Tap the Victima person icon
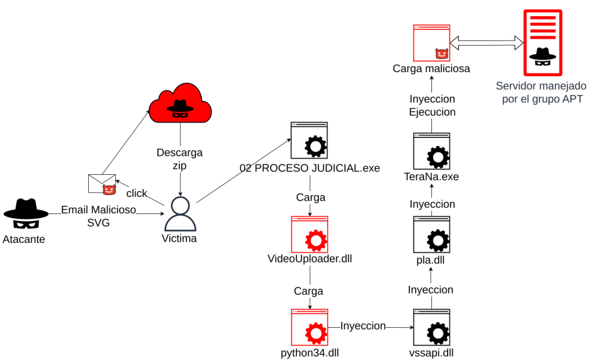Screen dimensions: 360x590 (x=180, y=213)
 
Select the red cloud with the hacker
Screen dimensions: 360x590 (x=180, y=104)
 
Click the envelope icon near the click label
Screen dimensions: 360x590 (x=102, y=183)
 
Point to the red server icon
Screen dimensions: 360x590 (x=542, y=43)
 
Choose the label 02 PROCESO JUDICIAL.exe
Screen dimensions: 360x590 (x=310, y=168)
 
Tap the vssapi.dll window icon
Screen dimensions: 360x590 (x=432, y=327)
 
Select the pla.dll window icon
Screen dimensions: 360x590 (x=432, y=234)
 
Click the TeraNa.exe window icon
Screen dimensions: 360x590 (x=432, y=151)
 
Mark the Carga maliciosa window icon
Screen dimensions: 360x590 (x=431, y=43)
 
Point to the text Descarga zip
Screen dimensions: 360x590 (x=180, y=159)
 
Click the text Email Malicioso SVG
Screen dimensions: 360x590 (x=99, y=216)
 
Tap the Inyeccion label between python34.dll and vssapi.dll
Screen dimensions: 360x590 (x=363, y=326)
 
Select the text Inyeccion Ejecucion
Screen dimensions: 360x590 (x=432, y=106)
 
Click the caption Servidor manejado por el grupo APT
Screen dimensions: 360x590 (x=541, y=92)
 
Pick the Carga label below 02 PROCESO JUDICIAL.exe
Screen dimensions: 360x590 (x=310, y=197)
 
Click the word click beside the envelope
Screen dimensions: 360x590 (x=137, y=193)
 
